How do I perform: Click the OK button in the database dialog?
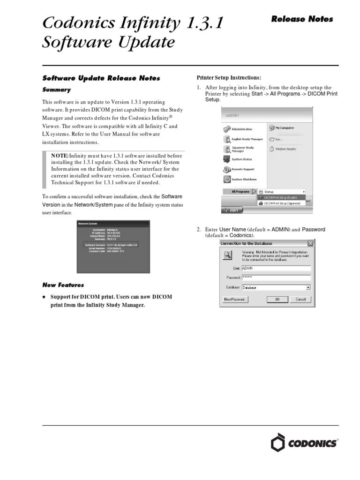277,299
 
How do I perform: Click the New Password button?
235,299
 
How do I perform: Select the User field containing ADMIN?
277,268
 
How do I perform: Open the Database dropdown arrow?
308,287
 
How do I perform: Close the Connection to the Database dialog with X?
310,243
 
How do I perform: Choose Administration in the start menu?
241,129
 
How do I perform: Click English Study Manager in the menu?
247,139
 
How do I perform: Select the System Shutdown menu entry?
244,179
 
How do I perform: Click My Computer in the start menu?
284,127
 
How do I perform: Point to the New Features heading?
63,285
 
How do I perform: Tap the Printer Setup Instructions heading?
228,77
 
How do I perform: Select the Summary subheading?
57,90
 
